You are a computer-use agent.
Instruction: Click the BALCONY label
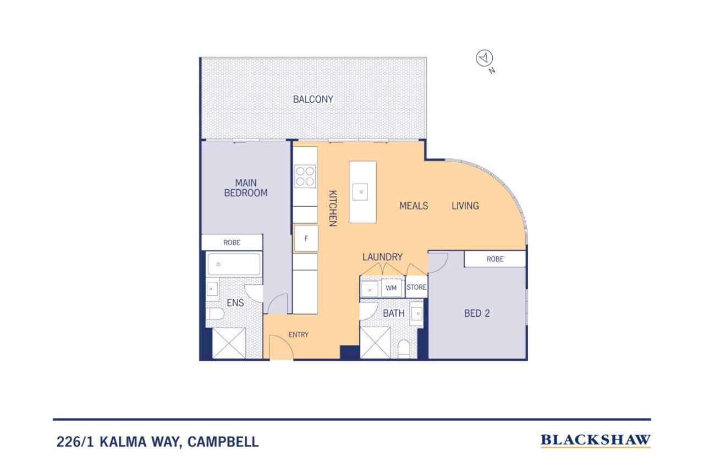(313, 100)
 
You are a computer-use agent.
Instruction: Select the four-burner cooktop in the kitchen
(305, 176)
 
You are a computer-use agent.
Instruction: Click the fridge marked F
(306, 239)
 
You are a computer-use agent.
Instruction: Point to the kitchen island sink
(360, 192)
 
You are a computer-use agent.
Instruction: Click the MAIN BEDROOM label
(246, 188)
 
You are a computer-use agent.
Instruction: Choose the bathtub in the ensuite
(234, 264)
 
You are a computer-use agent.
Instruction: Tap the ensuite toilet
(215, 313)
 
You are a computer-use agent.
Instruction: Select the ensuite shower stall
(229, 343)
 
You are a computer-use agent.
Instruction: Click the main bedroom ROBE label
(232, 242)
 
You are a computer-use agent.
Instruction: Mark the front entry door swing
(281, 347)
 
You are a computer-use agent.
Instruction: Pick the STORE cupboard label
(416, 287)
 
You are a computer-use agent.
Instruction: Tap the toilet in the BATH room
(404, 349)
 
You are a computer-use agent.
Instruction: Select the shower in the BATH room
(375, 343)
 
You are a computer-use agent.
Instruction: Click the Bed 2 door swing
(438, 262)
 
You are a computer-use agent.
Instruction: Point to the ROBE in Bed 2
(495, 259)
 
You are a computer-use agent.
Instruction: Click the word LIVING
(465, 206)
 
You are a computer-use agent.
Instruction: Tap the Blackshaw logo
(596, 440)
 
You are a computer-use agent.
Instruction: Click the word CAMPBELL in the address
(223, 442)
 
